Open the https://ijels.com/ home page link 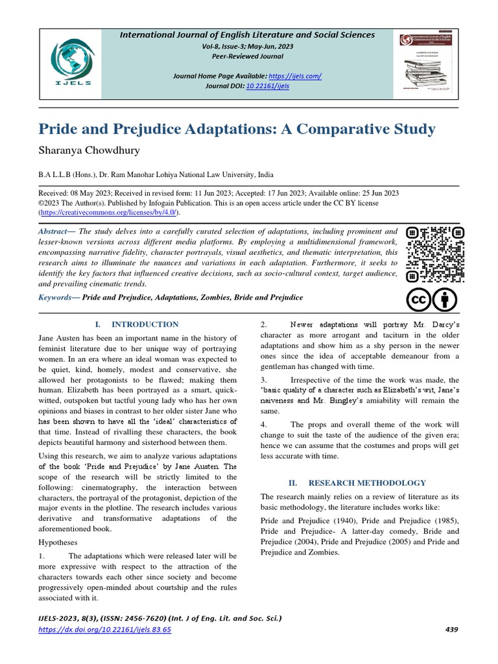point(295,76)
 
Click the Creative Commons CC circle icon point(419,300)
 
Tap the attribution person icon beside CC point(445,300)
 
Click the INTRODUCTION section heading point(145,324)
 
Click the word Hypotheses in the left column point(58,541)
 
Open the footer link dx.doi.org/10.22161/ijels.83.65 point(104,629)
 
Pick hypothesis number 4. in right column point(265,424)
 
